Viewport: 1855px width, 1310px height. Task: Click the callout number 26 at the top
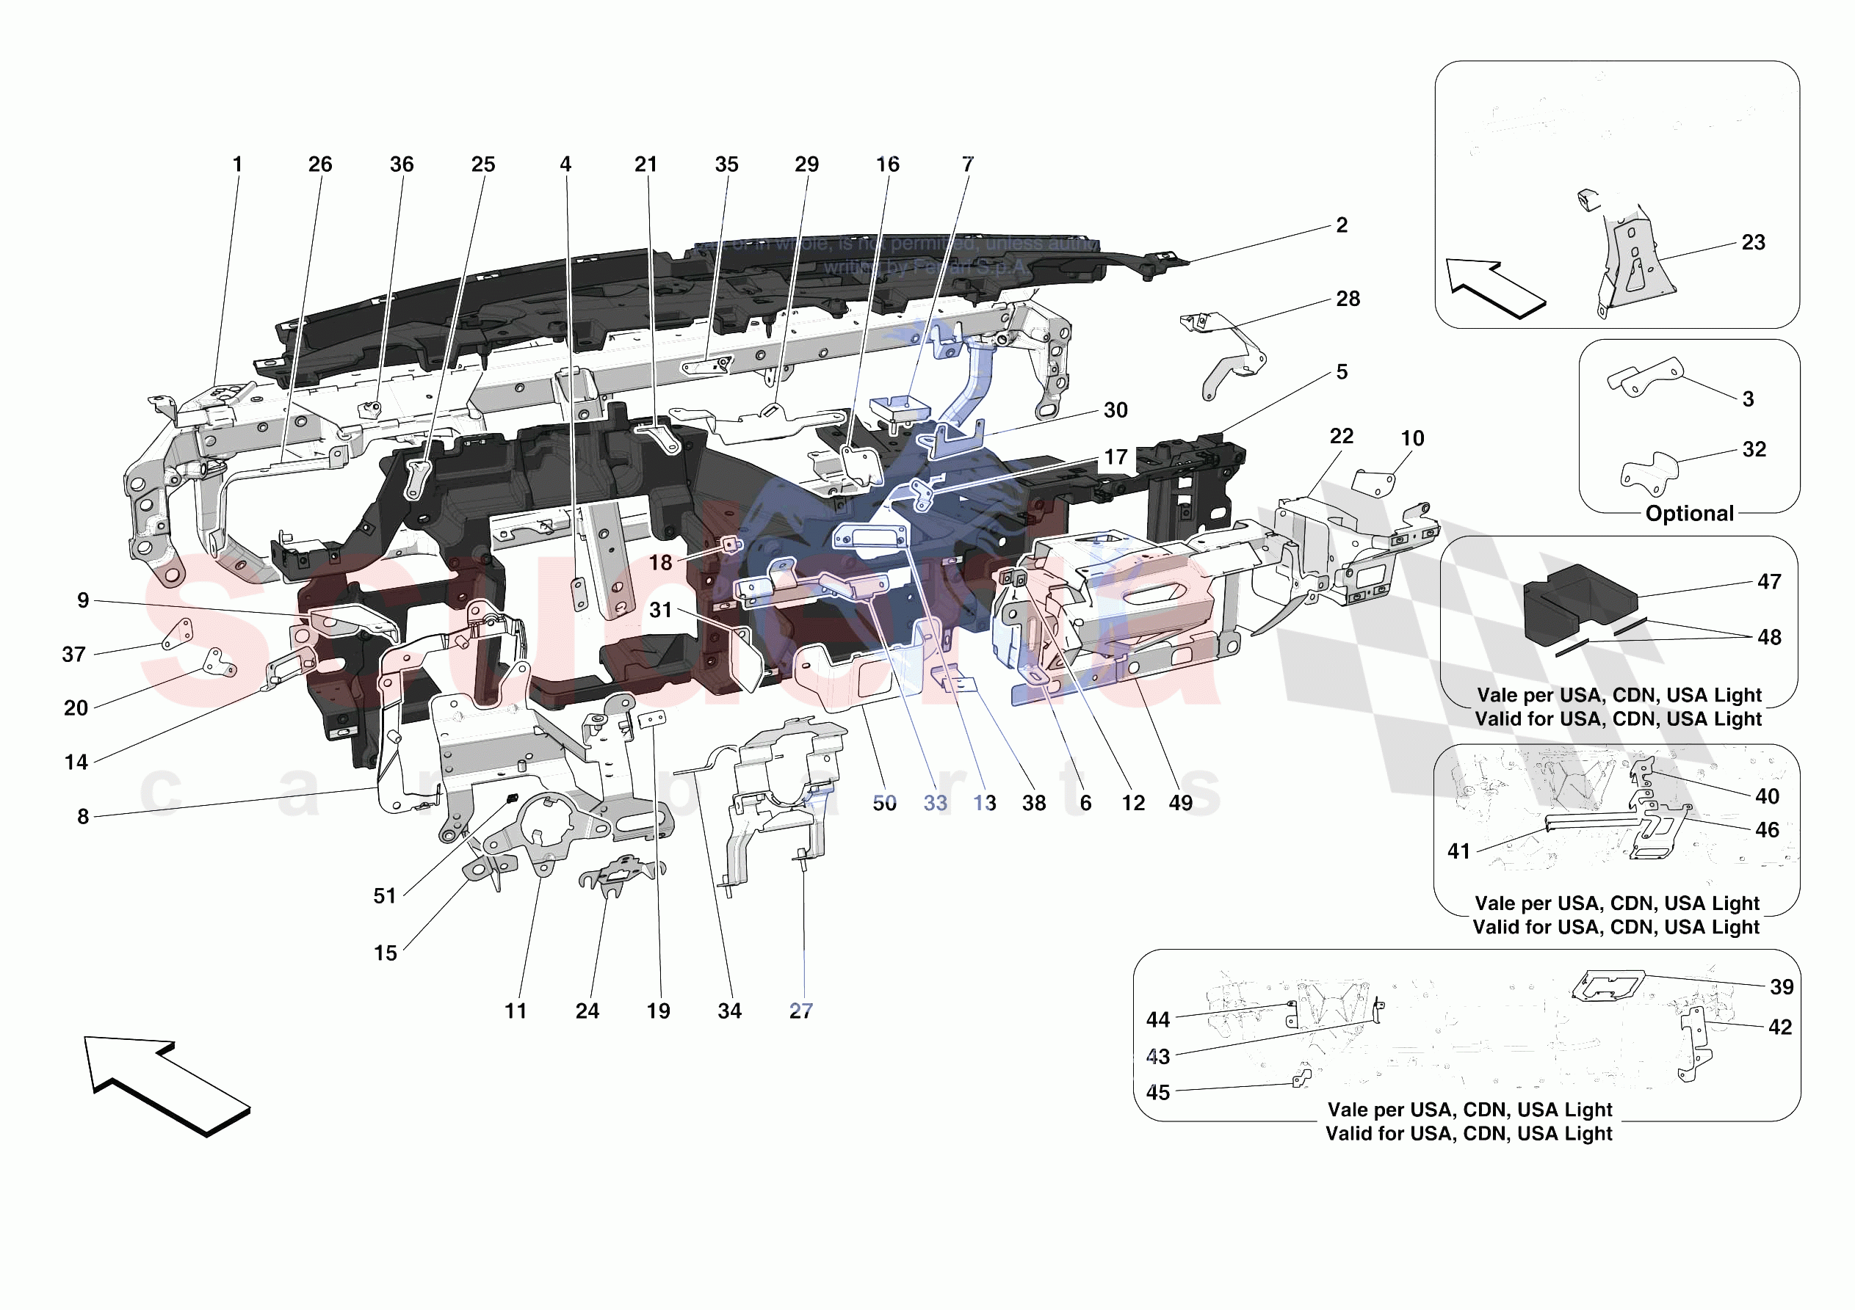(320, 165)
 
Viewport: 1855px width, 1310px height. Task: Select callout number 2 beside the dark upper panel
(1341, 225)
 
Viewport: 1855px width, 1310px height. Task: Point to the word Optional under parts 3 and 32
(1689, 514)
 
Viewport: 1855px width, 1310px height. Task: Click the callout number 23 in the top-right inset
(1753, 242)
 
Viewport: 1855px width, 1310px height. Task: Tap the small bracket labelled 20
(218, 661)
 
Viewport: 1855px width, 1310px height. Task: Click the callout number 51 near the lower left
(385, 895)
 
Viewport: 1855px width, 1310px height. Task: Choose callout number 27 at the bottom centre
(800, 1011)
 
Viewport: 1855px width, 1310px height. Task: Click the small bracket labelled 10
(1373, 483)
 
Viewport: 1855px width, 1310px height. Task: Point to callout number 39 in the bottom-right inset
(1782, 987)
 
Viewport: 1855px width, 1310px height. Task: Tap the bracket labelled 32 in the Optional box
(1648, 473)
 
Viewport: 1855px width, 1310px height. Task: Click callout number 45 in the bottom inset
(1158, 1093)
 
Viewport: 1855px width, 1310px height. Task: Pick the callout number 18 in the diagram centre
(660, 563)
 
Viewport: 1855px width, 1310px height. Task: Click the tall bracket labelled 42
(1693, 1043)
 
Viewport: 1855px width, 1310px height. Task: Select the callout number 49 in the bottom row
(1180, 803)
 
